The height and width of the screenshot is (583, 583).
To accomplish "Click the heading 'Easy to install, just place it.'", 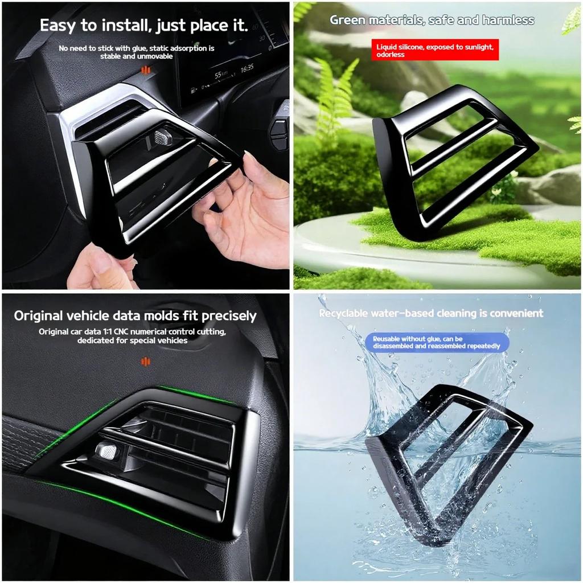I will pyautogui.click(x=143, y=26).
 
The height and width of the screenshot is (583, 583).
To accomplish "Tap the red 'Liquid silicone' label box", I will pyautogui.click(x=434, y=49).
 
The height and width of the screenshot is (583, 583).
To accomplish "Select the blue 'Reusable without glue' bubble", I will pyautogui.click(x=436, y=342).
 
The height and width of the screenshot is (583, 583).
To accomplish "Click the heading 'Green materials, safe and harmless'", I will pyautogui.click(x=432, y=20).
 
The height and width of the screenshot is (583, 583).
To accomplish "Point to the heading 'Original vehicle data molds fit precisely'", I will pyautogui.click(x=135, y=315).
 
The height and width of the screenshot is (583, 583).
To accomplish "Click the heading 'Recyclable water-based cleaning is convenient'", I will pyautogui.click(x=431, y=313).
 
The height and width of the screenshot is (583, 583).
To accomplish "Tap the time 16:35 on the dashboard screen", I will pyautogui.click(x=247, y=68).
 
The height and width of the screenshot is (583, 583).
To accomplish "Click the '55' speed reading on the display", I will pyautogui.click(x=218, y=75).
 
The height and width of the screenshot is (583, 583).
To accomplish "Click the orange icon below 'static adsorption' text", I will pyautogui.click(x=146, y=70).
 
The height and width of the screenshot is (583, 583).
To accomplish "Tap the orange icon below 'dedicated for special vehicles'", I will pyautogui.click(x=146, y=361).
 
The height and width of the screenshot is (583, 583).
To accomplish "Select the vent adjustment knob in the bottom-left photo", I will pyautogui.click(x=106, y=451).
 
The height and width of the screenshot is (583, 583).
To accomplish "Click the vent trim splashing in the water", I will pyautogui.click(x=444, y=455).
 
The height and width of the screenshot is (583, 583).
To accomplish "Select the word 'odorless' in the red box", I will pyautogui.click(x=390, y=55).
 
